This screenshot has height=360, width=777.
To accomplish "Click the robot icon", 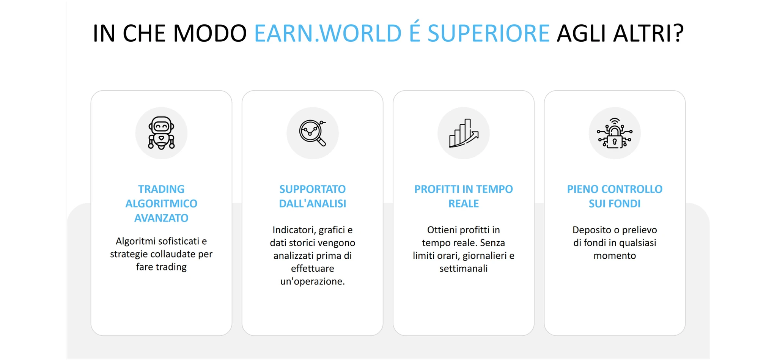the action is click(x=161, y=133).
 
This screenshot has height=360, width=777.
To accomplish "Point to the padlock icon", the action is click(x=615, y=133).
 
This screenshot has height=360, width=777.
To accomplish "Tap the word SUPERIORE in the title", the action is click(x=489, y=33).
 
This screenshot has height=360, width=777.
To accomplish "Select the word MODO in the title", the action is click(x=210, y=33).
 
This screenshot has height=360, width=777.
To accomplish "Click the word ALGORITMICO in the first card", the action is click(x=161, y=204).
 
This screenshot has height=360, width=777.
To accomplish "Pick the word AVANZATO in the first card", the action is click(x=161, y=218).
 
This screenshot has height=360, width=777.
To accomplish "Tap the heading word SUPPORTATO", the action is click(x=313, y=189).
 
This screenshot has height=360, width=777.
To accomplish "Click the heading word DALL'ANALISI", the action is click(x=313, y=204).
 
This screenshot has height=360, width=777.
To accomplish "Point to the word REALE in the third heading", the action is click(x=464, y=204).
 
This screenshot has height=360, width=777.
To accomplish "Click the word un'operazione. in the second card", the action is click(x=313, y=281).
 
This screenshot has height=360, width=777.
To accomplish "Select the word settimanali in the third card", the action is click(x=464, y=269).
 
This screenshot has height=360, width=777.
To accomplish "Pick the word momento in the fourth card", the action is click(x=615, y=256).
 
